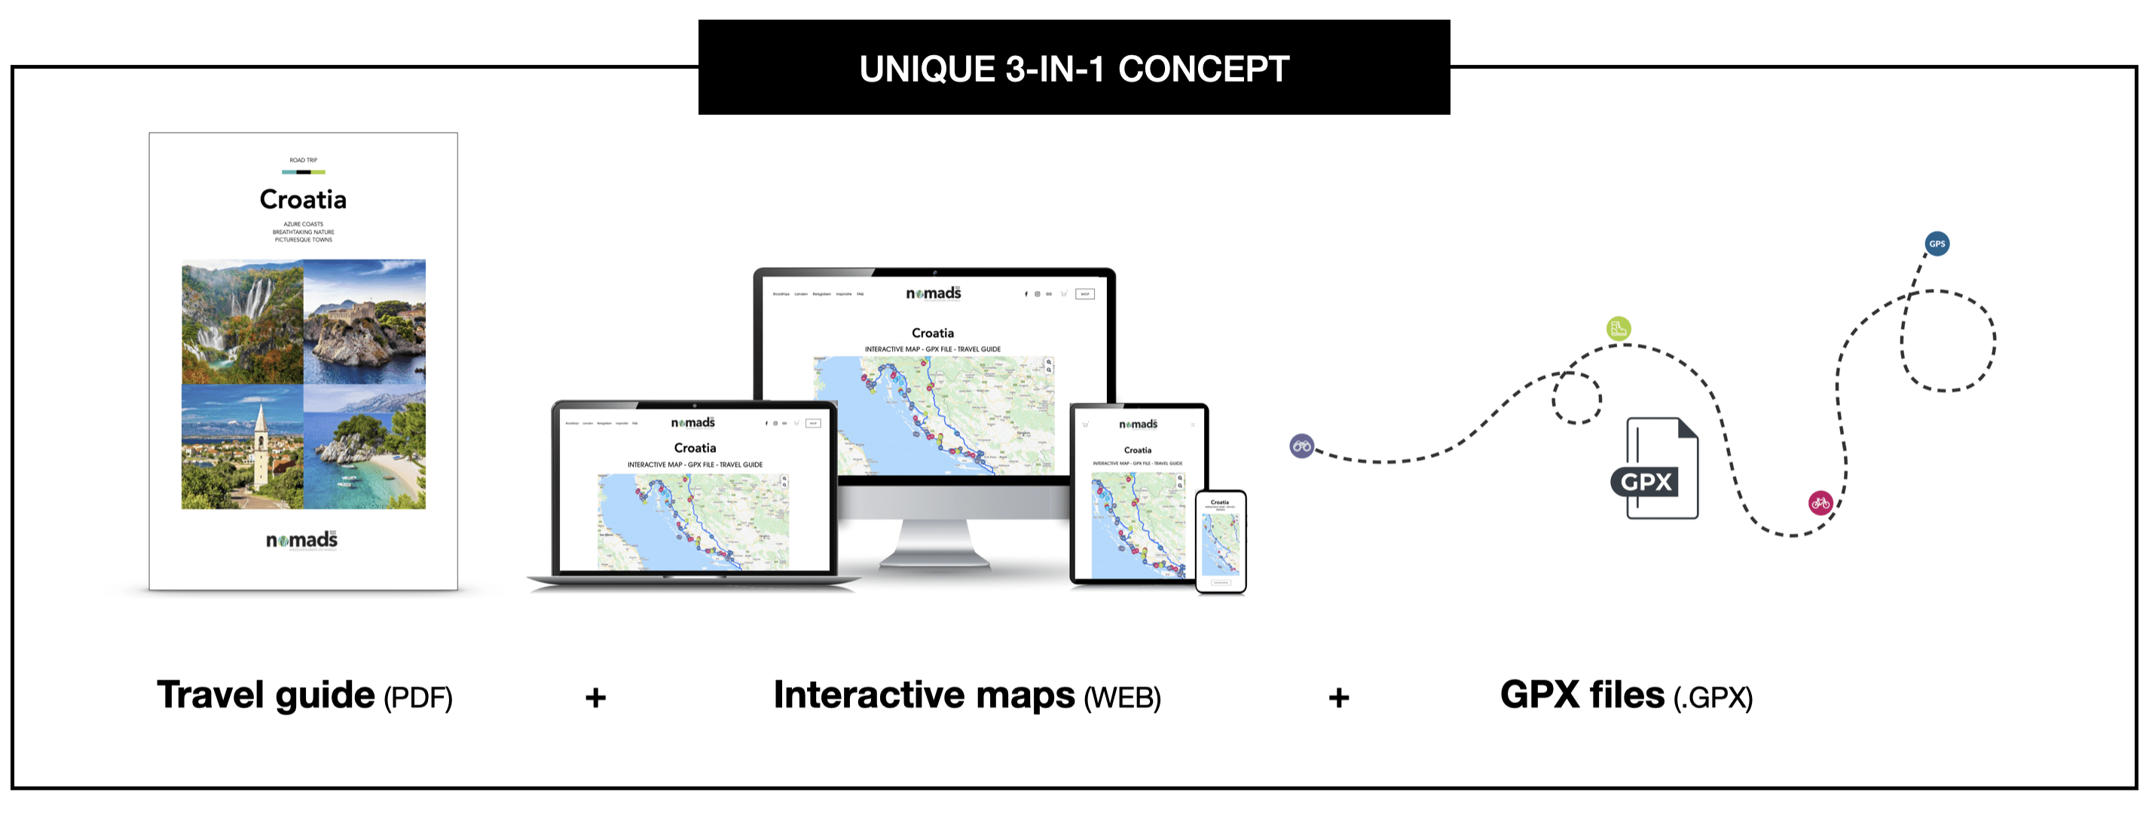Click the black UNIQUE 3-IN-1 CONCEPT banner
[x=1074, y=68]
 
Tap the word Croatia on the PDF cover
[x=303, y=200]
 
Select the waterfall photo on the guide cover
[x=242, y=321]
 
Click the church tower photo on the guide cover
[x=242, y=446]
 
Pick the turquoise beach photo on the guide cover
[x=365, y=446]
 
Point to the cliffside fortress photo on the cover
[x=365, y=321]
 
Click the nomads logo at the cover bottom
[x=302, y=540]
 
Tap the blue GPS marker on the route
[x=1937, y=244]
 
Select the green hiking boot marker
[x=1619, y=328]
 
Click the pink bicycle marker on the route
[x=1820, y=502]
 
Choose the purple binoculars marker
[x=1301, y=446]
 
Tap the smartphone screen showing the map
[x=1221, y=541]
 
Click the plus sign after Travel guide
[x=595, y=697]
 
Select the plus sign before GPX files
[x=1338, y=697]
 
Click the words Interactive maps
[x=924, y=695]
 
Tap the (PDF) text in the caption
[x=418, y=698]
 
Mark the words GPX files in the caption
[x=1582, y=695]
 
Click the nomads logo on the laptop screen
[x=693, y=422]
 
